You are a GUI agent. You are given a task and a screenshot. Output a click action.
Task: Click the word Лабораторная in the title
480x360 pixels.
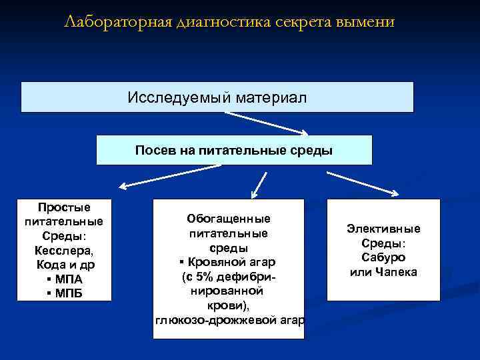117,23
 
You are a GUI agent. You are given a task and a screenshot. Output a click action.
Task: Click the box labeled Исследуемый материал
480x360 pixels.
217,97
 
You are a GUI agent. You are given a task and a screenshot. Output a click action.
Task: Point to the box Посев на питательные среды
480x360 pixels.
233,150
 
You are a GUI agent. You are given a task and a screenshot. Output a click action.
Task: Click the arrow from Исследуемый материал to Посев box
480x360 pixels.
267,123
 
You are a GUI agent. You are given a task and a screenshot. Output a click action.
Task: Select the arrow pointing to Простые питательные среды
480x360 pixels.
153,179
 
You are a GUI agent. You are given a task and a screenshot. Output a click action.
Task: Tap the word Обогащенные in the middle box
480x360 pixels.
229,219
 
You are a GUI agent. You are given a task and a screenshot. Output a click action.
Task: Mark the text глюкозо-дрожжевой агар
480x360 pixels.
229,321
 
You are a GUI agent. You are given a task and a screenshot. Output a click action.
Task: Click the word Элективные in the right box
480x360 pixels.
383,229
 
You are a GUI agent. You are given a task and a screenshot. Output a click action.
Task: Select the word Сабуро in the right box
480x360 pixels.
383,257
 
